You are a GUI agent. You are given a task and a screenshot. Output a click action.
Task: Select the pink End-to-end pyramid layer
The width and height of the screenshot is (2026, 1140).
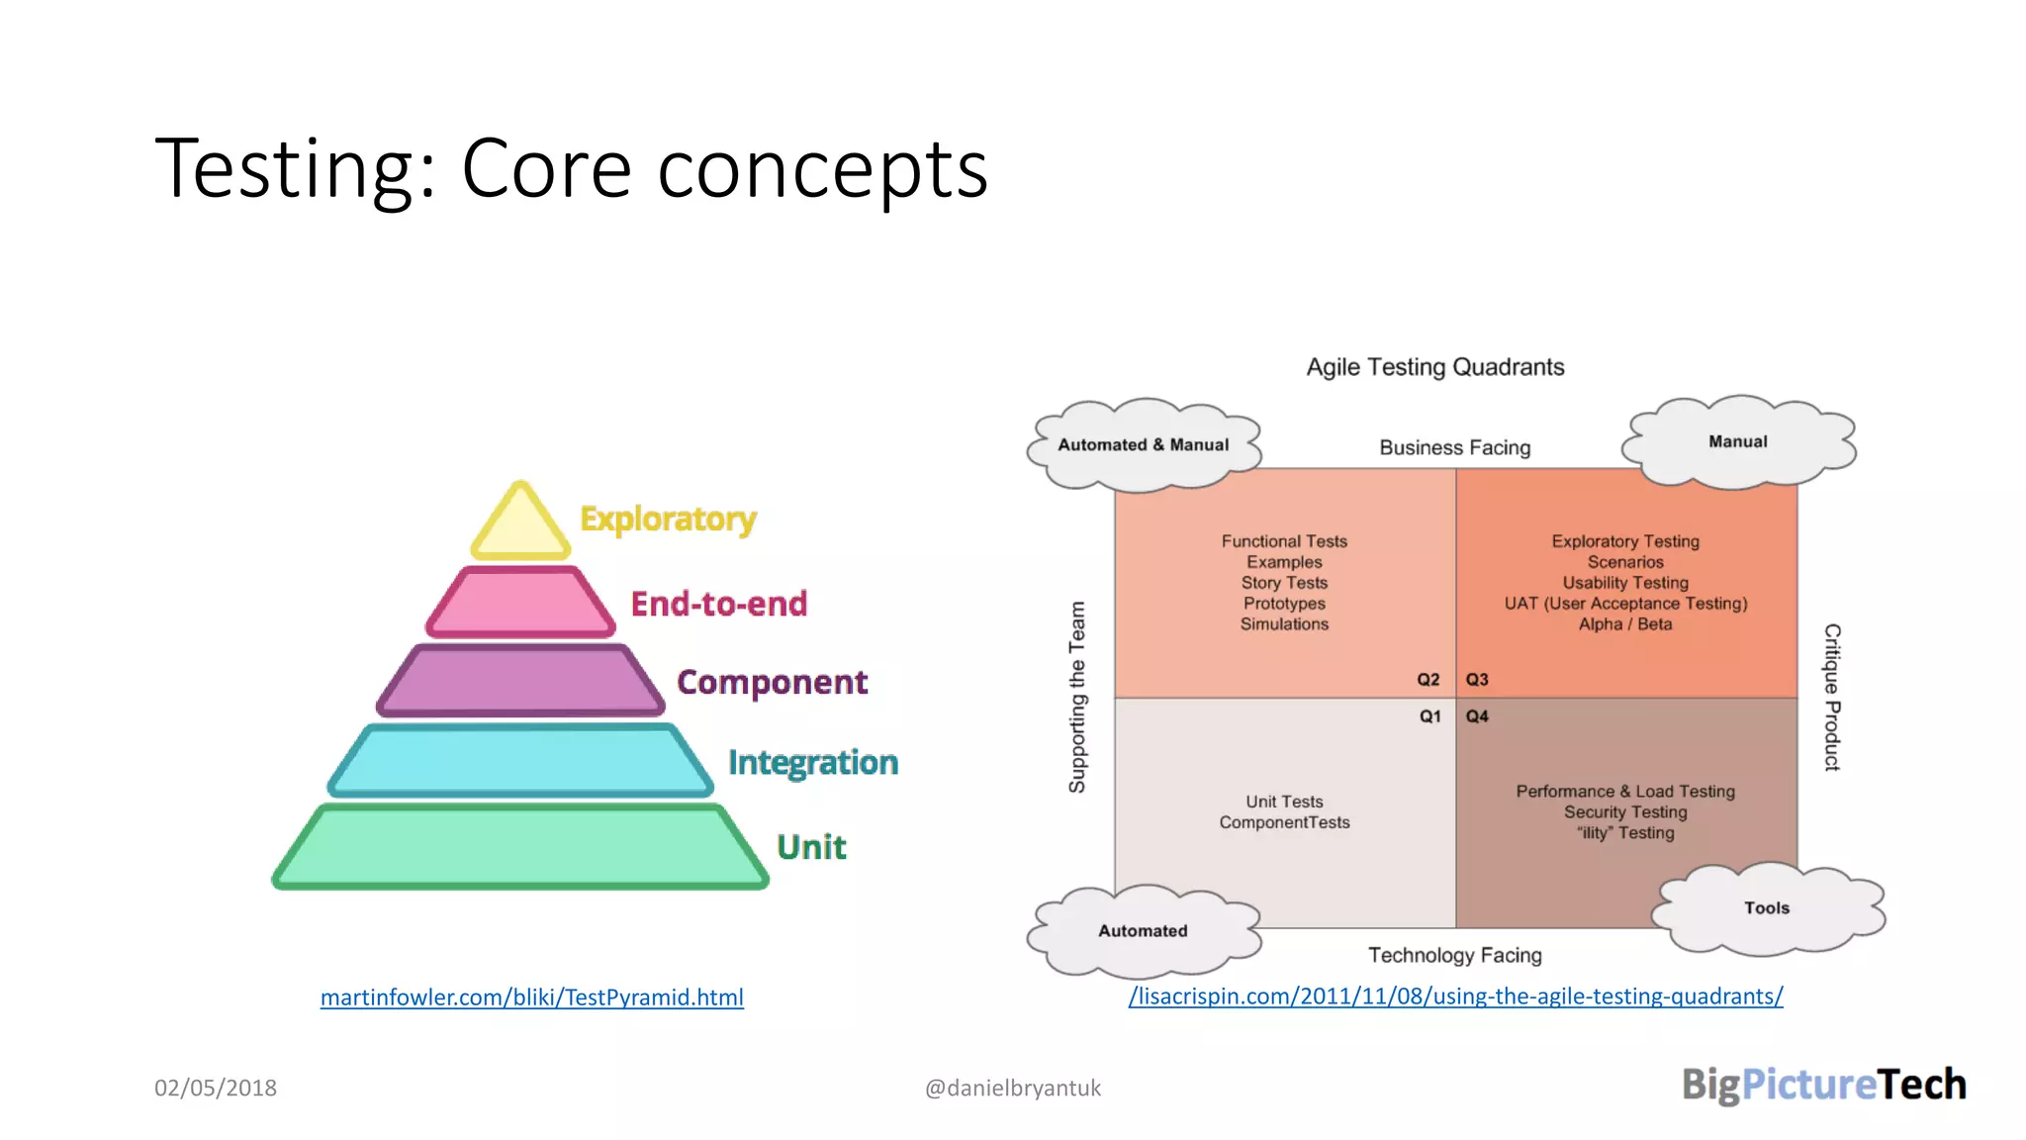coord(520,603)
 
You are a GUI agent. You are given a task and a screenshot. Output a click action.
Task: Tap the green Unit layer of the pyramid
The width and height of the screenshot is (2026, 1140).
coord(520,848)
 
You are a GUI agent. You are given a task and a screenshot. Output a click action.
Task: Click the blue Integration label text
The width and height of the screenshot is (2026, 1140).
coord(812,762)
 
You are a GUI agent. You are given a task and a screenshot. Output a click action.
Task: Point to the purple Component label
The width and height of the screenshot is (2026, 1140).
coord(772,682)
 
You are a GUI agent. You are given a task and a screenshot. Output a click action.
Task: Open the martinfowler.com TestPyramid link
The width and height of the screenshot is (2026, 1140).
coord(531,997)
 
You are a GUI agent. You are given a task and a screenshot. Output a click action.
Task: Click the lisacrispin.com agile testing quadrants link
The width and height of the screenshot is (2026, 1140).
coord(1455,997)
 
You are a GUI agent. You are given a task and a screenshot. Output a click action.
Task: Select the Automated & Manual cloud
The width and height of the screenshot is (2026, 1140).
coord(1143,445)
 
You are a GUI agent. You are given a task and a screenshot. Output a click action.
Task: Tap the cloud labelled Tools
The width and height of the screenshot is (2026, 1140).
coord(1767,908)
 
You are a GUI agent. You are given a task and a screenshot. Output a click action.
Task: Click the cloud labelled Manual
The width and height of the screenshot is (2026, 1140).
coord(1737,441)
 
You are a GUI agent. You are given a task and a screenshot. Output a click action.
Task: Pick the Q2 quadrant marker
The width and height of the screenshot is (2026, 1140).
coord(1427,680)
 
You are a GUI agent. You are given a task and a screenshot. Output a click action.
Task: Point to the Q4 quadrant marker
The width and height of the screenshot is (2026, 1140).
coord(1477,716)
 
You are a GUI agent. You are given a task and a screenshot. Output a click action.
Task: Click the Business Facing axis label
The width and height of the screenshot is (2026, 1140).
coord(1454,448)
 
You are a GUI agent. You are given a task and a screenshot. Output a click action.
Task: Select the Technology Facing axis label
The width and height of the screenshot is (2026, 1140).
coord(1454,955)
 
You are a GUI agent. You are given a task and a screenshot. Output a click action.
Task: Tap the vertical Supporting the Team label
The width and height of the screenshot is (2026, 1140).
coord(1077,697)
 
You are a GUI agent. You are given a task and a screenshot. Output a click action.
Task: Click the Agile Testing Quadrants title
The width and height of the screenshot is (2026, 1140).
coord(1434,367)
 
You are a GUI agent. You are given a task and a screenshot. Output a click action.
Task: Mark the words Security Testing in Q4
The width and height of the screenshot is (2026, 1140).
coord(1624,812)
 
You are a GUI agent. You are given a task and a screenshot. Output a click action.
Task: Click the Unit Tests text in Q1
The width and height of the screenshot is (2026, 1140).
coord(1284,802)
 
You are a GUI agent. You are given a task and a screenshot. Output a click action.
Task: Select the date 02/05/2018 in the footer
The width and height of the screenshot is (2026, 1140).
coord(216,1088)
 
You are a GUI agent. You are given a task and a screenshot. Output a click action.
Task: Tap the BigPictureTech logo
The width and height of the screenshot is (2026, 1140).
coord(1823,1085)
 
